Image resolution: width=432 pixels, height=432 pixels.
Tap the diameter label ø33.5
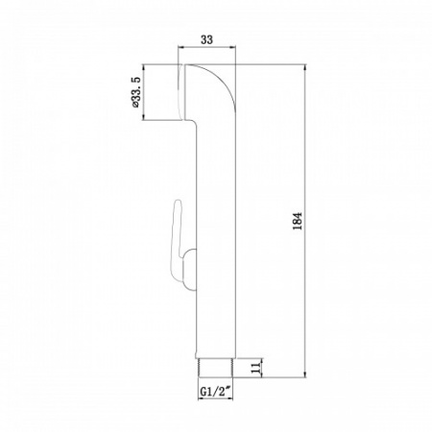(134, 92)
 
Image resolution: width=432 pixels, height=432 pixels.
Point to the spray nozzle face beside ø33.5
(184, 92)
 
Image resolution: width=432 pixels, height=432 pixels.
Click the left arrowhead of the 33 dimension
(185, 50)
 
